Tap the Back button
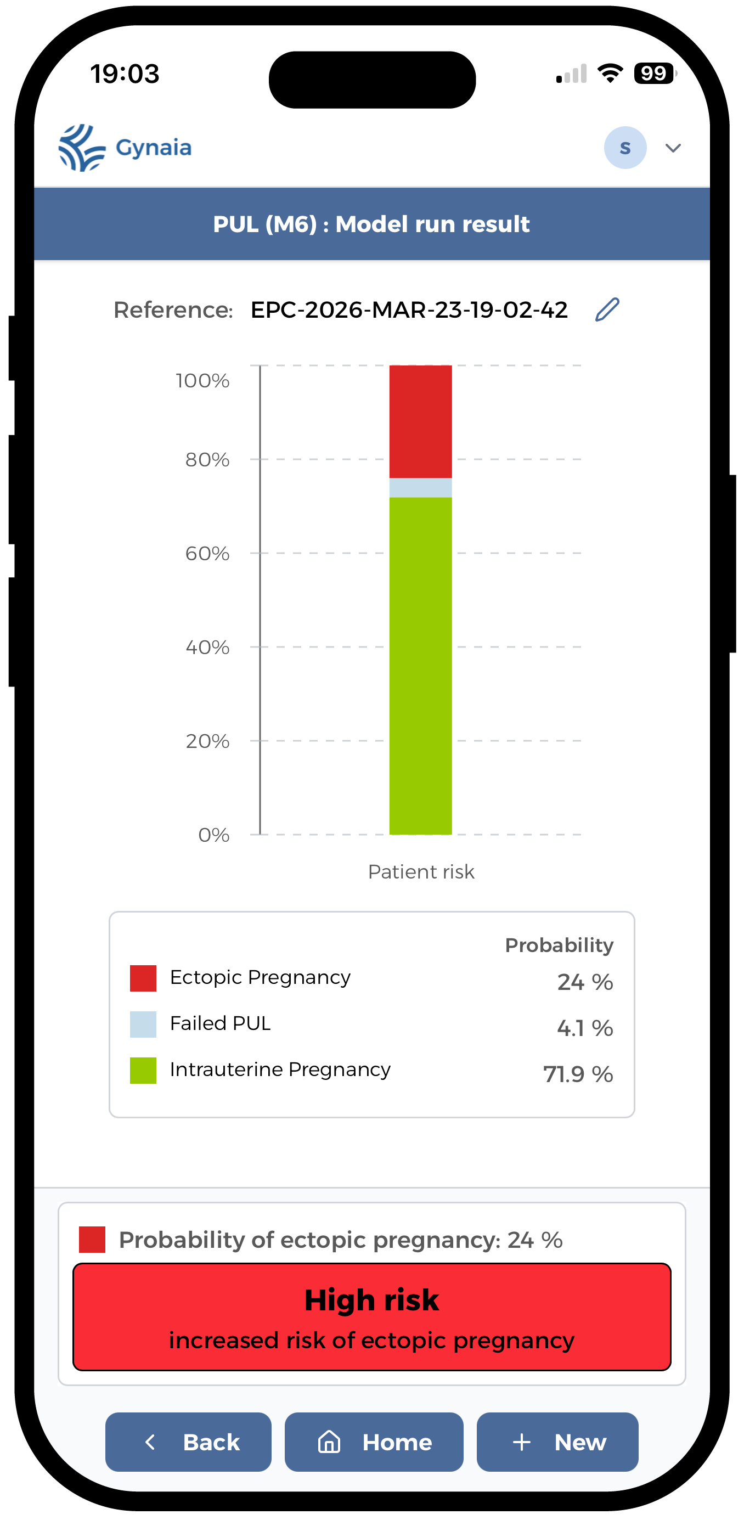coord(188,1442)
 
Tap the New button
coord(557,1442)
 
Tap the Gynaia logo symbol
coord(81,148)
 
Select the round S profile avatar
coord(625,148)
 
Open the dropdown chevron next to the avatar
coord(673,148)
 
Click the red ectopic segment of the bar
coord(420,421)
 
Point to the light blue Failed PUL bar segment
coord(420,487)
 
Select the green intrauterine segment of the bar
coord(420,666)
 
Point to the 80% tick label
coord(207,460)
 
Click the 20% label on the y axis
coord(207,741)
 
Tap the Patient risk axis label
coord(421,871)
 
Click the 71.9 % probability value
coord(578,1074)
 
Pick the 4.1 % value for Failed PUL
coord(585,1028)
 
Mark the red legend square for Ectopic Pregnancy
coord(143,978)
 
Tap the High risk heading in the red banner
coord(371,1300)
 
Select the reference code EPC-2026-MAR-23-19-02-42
coord(409,310)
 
